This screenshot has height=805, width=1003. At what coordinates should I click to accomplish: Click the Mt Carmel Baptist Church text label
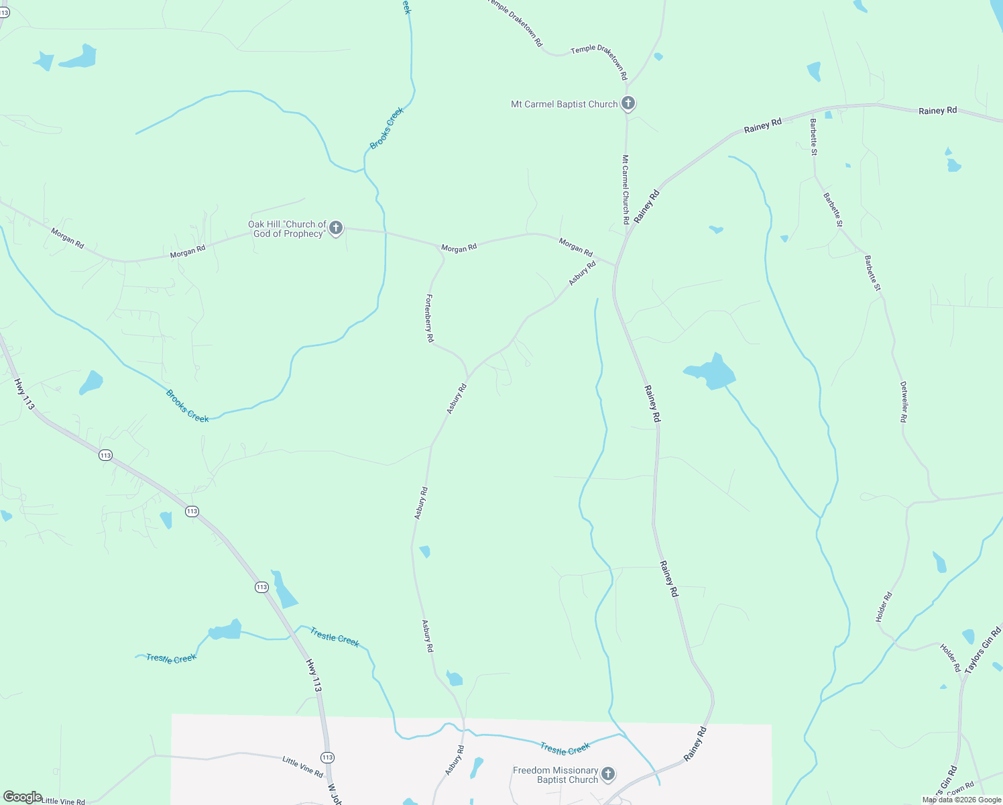pyautogui.click(x=564, y=104)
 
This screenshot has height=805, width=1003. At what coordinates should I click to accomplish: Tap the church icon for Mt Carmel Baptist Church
pyautogui.click(x=628, y=103)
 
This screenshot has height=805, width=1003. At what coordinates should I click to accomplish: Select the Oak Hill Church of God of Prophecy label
pyautogui.click(x=288, y=229)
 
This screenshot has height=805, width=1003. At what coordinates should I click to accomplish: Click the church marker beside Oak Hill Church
pyautogui.click(x=336, y=228)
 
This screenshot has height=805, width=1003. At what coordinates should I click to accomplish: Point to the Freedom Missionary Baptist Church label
pyautogui.click(x=555, y=775)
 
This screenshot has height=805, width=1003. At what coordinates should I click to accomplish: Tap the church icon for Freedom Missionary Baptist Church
pyautogui.click(x=607, y=774)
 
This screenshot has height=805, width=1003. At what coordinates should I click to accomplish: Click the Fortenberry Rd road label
pyautogui.click(x=429, y=319)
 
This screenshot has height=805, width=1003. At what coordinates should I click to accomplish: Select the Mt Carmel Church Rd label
pyautogui.click(x=625, y=189)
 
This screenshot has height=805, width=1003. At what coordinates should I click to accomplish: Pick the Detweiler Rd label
pyautogui.click(x=903, y=402)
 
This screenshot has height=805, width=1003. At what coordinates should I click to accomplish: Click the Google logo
pyautogui.click(x=23, y=797)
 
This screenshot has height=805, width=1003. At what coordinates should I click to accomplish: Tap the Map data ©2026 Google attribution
pyautogui.click(x=961, y=800)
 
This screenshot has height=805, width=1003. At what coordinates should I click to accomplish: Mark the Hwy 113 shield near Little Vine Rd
pyautogui.click(x=327, y=757)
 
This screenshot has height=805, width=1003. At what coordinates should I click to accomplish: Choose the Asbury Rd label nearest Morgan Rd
pyautogui.click(x=582, y=273)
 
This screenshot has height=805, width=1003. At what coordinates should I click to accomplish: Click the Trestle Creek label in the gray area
pyautogui.click(x=565, y=749)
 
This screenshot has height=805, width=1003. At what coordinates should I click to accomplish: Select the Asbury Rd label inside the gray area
pyautogui.click(x=454, y=760)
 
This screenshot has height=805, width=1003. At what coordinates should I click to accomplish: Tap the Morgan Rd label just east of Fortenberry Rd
pyautogui.click(x=459, y=248)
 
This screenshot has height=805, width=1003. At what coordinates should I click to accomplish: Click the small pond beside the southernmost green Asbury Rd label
pyautogui.click(x=455, y=679)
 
